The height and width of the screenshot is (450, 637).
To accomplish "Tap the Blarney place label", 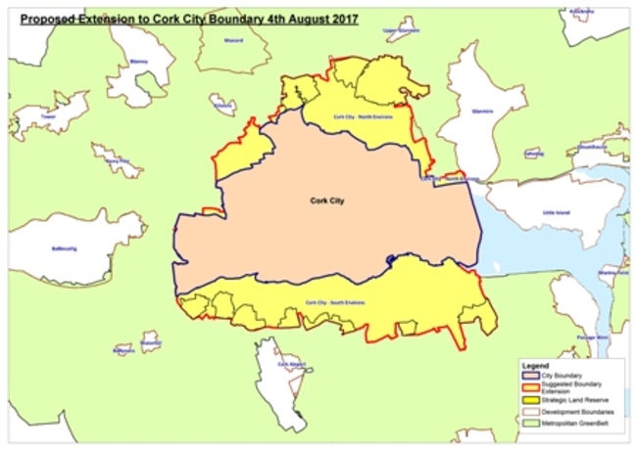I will [x=137, y=61].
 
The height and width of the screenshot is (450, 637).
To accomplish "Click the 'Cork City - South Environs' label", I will [x=335, y=301].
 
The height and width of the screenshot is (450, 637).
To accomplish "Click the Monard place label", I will [x=233, y=41].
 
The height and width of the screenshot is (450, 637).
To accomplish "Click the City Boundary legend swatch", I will [x=529, y=375].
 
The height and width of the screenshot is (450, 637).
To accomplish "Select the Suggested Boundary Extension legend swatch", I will [x=529, y=388].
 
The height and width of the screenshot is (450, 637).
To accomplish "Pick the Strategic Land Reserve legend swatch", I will [x=529, y=402].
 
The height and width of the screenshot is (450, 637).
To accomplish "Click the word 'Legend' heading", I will [x=537, y=364].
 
